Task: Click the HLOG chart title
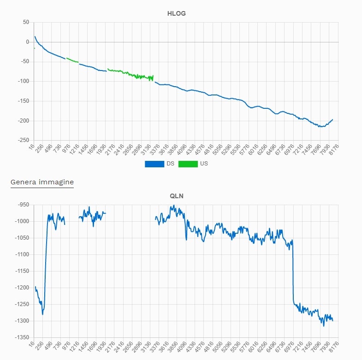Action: [176, 13]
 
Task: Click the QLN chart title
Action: [176, 195]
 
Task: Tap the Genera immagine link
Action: [42, 182]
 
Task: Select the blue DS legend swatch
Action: [155, 164]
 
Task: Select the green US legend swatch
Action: [188, 164]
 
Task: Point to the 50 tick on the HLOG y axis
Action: [26, 22]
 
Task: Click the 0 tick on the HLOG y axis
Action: [28, 42]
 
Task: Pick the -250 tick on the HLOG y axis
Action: [23, 140]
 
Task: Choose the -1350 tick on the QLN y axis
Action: [22, 337]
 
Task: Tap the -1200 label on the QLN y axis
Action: [22, 288]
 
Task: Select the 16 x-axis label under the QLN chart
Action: [31, 344]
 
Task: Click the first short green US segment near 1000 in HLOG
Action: [72, 60]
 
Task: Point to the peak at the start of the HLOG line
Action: [35, 36]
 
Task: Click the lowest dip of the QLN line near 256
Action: [42, 314]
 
